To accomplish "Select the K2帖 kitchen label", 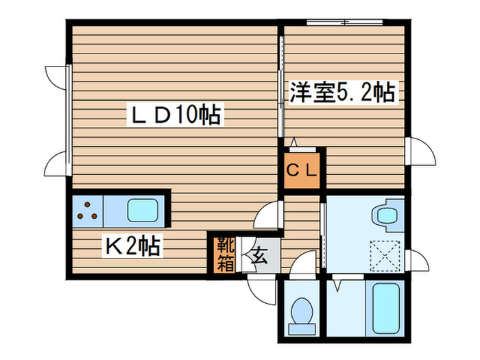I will point(132,245).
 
